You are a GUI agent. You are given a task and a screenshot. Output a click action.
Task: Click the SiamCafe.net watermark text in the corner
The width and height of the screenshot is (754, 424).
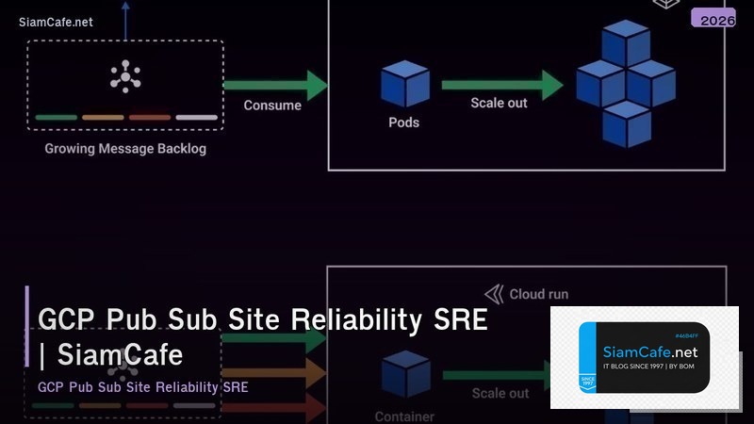[x=56, y=22]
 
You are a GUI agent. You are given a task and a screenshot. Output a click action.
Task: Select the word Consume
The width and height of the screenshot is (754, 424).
[x=272, y=106]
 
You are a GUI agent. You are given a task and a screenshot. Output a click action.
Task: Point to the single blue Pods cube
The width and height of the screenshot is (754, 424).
[x=404, y=83]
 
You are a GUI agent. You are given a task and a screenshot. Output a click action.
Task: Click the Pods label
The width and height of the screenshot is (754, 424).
[x=403, y=122]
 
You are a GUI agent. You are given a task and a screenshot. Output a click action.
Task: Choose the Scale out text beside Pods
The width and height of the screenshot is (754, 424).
[x=499, y=103]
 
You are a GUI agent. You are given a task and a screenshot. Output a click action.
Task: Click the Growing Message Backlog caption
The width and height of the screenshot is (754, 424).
[x=125, y=149]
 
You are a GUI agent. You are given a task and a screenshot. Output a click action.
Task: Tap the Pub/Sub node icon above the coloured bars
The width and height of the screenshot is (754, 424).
[x=125, y=76]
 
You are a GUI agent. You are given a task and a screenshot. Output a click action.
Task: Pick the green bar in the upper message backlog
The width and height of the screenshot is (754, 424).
[x=57, y=118]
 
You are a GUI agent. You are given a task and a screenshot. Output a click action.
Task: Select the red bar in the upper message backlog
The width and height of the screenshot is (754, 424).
[x=149, y=118]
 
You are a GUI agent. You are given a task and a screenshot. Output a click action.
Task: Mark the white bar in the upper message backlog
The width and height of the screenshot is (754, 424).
[x=196, y=118]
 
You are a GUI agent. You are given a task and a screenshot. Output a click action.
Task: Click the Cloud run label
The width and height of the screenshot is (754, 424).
[x=538, y=294]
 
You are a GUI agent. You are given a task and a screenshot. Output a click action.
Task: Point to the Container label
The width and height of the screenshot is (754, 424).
[x=404, y=416]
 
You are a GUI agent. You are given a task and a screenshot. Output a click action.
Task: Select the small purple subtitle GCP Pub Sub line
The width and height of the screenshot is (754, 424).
[x=142, y=387]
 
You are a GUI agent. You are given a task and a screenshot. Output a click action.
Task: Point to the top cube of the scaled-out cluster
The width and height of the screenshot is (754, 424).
[x=626, y=42]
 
